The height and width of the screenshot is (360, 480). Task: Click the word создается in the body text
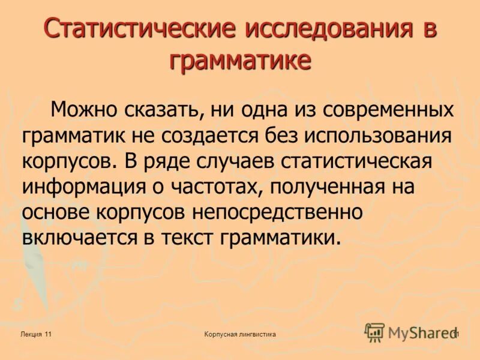215,136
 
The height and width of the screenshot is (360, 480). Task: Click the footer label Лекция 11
35,334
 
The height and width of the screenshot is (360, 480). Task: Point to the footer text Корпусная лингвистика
240,334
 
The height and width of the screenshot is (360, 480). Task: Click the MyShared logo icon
374,332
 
